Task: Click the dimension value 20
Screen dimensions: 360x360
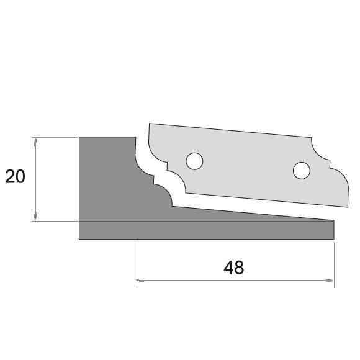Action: click(x=15, y=177)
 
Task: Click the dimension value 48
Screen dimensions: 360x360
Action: click(x=233, y=268)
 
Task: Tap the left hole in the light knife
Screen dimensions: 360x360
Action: click(x=194, y=161)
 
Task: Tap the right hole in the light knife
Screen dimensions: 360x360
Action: click(x=301, y=169)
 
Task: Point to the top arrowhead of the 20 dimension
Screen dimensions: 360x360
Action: click(x=36, y=141)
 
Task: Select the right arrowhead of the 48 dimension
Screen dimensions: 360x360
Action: click(x=330, y=281)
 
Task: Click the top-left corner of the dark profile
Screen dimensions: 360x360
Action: click(x=79, y=137)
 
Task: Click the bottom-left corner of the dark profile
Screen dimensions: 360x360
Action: click(x=79, y=239)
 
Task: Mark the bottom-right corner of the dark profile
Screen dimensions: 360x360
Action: click(x=334, y=239)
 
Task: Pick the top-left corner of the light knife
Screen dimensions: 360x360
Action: click(x=150, y=124)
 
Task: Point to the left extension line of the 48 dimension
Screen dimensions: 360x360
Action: click(x=135, y=261)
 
